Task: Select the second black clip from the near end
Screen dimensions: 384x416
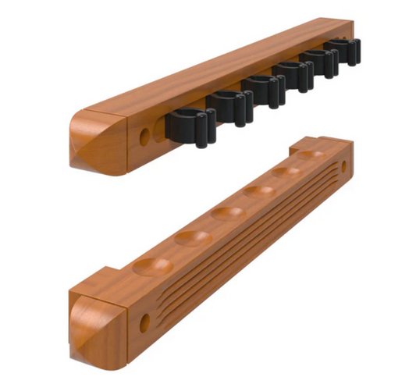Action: coord(229,105)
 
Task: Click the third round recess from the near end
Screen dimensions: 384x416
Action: coord(227,213)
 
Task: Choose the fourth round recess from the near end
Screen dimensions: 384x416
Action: coord(258,192)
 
